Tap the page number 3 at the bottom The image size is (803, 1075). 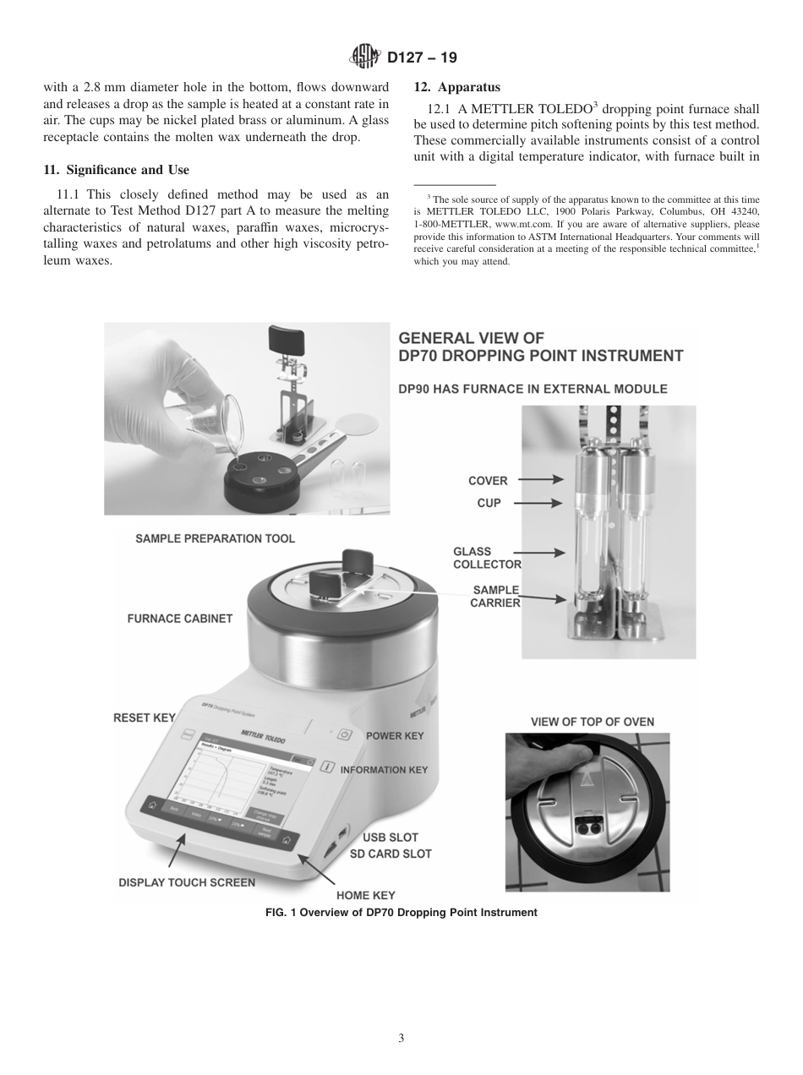click(x=401, y=1038)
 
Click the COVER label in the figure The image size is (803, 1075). click(x=488, y=481)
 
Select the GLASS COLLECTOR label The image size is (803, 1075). click(x=486, y=558)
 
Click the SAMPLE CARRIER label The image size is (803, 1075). click(x=495, y=596)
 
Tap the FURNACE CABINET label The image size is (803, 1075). click(x=179, y=619)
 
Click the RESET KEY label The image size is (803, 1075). click(x=144, y=718)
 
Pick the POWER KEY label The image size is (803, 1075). click(x=395, y=736)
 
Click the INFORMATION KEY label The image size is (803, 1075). click(x=384, y=770)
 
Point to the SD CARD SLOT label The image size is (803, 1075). click(x=391, y=854)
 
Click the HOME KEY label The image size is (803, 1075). click(x=365, y=895)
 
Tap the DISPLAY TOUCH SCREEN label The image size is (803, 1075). click(x=186, y=882)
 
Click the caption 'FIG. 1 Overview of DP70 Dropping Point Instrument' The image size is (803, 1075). click(x=401, y=913)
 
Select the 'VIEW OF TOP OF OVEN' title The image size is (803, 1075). click(x=592, y=722)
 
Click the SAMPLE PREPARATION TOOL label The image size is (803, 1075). click(x=215, y=538)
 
